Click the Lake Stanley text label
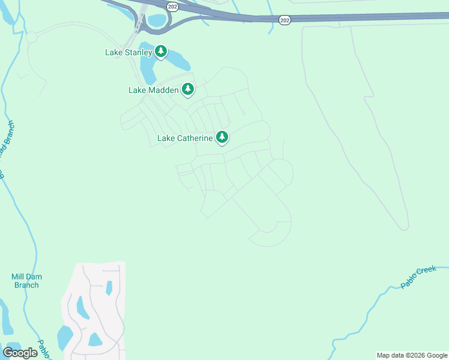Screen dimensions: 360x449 click(x=128, y=53)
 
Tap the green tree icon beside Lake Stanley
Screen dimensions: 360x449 click(x=160, y=52)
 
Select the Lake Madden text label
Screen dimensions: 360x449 click(x=154, y=91)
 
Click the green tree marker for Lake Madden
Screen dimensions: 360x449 click(x=188, y=89)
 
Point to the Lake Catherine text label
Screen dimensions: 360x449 click(x=185, y=139)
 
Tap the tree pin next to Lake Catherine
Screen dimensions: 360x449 click(x=222, y=137)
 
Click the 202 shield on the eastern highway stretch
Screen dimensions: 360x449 click(x=285, y=20)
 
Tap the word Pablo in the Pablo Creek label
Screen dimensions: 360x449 click(x=408, y=281)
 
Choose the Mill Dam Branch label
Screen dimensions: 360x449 click(x=26, y=281)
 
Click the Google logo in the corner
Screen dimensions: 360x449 click(x=20, y=352)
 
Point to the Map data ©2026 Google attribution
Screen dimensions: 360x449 click(x=412, y=355)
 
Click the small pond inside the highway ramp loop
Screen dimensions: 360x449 click(x=157, y=20)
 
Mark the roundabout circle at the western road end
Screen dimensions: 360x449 click(x=31, y=37)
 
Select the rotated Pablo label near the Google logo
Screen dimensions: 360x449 click(x=44, y=349)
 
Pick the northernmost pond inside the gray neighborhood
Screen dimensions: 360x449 click(x=109, y=288)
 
